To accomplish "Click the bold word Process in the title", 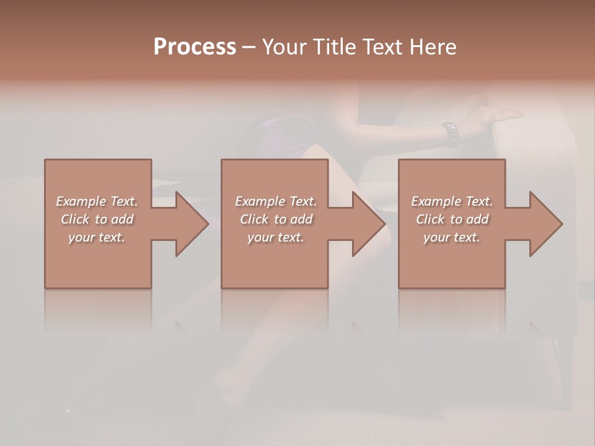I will coord(195,47).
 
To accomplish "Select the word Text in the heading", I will coord(384,47).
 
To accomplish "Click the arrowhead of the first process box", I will coord(193,224).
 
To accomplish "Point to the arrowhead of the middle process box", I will coord(369,224).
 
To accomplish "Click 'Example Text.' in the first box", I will coord(97,201).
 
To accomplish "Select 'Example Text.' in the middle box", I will coord(276,201).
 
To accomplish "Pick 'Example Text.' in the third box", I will coord(452,201).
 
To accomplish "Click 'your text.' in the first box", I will coord(97,237).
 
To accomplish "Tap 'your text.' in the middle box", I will coord(276,237).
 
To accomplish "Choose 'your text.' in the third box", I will coord(452,237).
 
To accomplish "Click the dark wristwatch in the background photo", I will coord(451,133).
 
